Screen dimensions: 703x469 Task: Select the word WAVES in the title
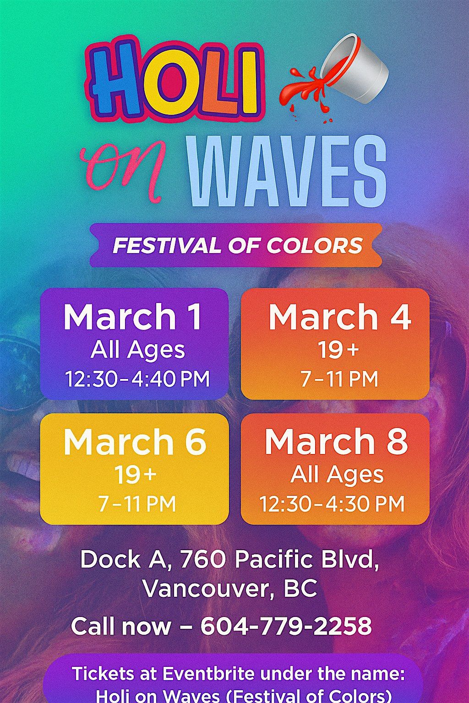coord(287,171)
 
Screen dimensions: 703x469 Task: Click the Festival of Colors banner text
coord(237,245)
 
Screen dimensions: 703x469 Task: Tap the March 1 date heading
coord(133,317)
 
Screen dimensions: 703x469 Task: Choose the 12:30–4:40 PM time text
coord(137,379)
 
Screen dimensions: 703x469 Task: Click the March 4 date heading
coord(339,317)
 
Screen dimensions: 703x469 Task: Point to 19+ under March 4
coord(338,350)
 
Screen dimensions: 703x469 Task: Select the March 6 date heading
coord(135,442)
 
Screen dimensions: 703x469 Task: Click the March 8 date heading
coord(336,442)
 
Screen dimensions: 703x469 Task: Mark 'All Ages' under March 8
coord(337,475)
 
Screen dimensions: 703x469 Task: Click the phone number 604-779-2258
coord(286,626)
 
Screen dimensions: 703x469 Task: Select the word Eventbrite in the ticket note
coord(209,674)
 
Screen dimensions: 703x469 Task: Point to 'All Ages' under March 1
coord(137,350)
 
